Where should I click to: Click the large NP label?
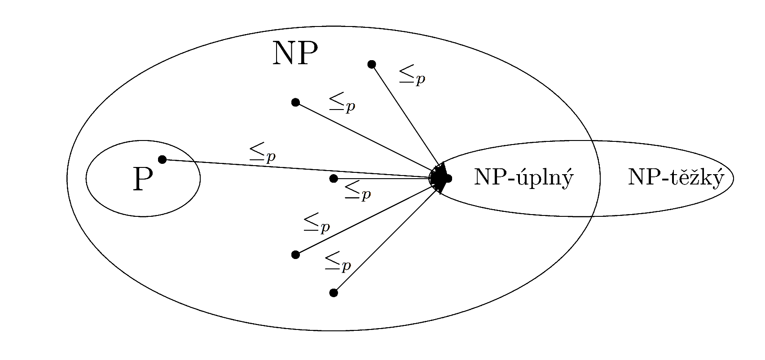pyautogui.click(x=295, y=53)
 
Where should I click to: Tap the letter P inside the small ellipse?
pyautogui.click(x=143, y=179)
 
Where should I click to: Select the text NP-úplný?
pyautogui.click(x=524, y=178)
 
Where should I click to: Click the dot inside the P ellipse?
pyautogui.click(x=162, y=159)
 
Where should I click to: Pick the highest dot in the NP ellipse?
pyautogui.click(x=372, y=64)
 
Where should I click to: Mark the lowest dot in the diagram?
pyautogui.click(x=334, y=293)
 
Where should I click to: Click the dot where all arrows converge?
pyautogui.click(x=448, y=178)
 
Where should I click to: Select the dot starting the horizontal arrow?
pyautogui.click(x=334, y=178)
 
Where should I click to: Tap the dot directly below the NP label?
pyautogui.click(x=296, y=102)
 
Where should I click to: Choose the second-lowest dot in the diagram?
pyautogui.click(x=296, y=255)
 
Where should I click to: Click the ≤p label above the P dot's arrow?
pyautogui.click(x=262, y=153)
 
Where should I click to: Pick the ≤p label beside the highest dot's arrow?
pyautogui.click(x=412, y=75)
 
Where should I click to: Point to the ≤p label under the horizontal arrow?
pyautogui.click(x=358, y=191)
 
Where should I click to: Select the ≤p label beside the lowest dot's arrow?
pyautogui.click(x=338, y=263)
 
